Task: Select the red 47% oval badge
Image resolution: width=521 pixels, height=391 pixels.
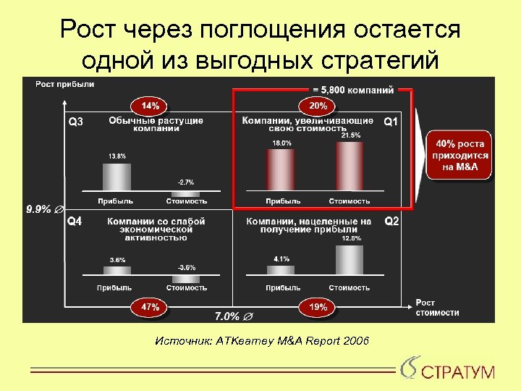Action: point(150,307)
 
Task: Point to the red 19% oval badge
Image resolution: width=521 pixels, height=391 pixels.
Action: point(318,307)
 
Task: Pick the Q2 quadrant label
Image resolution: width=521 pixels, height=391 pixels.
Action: point(391,221)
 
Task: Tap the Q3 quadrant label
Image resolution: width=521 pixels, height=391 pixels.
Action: point(76,122)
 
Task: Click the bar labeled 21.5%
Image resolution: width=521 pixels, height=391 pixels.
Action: point(351,167)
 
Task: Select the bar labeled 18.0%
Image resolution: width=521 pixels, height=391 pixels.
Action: point(281,172)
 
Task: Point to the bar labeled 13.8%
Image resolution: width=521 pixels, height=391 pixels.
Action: point(117,178)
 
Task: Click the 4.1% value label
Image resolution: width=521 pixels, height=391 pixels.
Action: point(281,258)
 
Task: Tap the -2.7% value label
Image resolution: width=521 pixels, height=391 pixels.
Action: point(186,182)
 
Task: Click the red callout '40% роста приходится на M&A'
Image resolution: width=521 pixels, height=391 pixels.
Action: point(460,155)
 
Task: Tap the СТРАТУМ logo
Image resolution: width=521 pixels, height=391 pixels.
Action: point(449,371)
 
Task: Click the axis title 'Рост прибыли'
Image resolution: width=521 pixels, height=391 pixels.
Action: point(65,84)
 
